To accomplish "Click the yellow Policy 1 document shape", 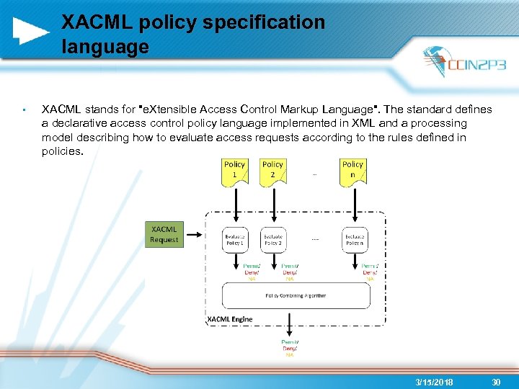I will coord(234,171).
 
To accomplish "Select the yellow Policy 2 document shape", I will coord(272,171).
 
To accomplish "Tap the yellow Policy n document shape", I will coord(352,171).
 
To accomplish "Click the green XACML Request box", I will coord(164,234).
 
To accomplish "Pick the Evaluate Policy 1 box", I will coord(234,240).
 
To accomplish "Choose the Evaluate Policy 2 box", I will coord(272,240).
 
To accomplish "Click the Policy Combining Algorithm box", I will coord(296,295).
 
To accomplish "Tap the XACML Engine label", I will coord(230,319).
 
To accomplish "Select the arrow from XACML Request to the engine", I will coord(195,234).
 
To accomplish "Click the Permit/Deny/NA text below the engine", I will coord(290,348).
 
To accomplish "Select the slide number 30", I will coord(496,383).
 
